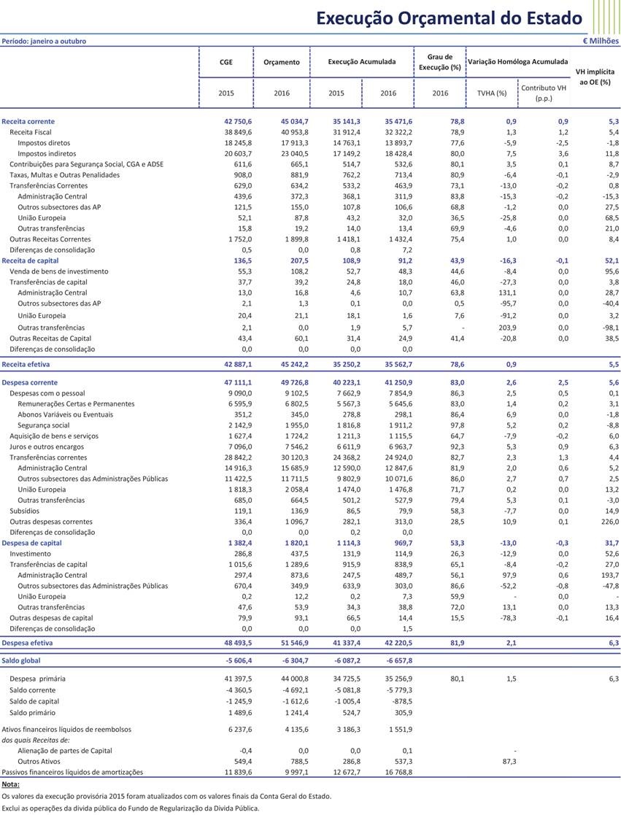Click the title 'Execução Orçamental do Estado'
(x=449, y=18)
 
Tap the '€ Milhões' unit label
(x=601, y=41)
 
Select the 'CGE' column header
(x=226, y=62)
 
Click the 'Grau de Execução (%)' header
(x=439, y=62)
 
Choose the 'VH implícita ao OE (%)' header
(x=595, y=77)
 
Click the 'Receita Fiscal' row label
(x=31, y=132)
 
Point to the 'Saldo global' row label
(x=22, y=660)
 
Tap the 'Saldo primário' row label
(x=32, y=712)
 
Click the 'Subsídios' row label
(x=24, y=511)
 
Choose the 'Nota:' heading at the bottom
(x=11, y=784)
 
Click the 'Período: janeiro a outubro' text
(x=44, y=41)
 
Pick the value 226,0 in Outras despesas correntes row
(x=609, y=522)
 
